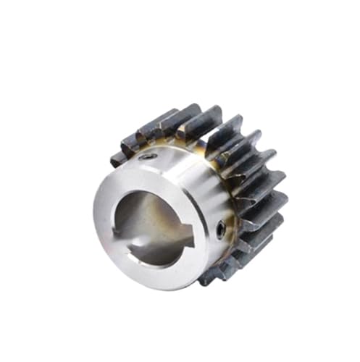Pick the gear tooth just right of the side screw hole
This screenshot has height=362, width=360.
pos(254,232)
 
